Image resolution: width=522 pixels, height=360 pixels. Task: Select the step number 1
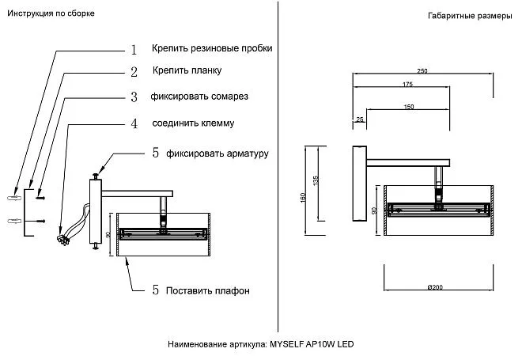(x=134, y=49)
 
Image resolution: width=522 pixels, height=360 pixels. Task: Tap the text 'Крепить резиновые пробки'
(x=212, y=48)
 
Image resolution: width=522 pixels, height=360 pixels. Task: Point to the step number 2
(x=134, y=72)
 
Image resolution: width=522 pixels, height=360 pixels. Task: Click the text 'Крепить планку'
(x=187, y=70)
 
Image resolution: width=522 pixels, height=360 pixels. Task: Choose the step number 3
(x=134, y=97)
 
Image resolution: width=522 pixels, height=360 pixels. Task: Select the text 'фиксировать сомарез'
(x=200, y=97)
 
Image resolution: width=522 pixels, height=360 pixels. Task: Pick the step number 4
(x=134, y=123)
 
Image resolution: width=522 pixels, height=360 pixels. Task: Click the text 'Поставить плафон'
(x=207, y=290)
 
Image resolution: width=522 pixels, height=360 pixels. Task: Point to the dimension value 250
(x=423, y=72)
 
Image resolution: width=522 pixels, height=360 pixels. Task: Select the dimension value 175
(x=407, y=85)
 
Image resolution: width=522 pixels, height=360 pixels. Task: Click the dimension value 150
(x=409, y=106)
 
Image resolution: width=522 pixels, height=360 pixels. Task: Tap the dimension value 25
(x=361, y=119)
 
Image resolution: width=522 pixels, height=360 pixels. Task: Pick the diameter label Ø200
(x=434, y=287)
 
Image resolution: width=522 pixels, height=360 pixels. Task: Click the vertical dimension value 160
(x=303, y=197)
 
